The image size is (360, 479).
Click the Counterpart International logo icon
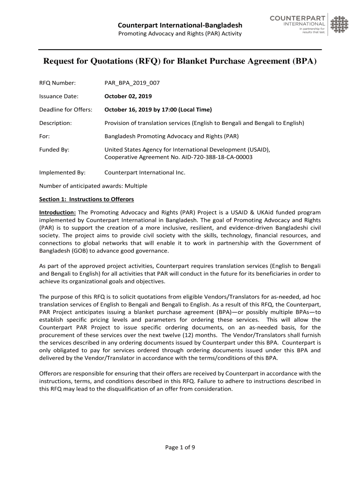point(339,24)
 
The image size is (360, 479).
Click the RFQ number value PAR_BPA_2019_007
point(132,83)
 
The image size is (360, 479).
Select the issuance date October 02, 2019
point(128,96)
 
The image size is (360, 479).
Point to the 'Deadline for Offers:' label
point(65,110)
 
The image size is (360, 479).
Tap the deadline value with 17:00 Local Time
point(158,110)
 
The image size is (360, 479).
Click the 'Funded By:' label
point(54,150)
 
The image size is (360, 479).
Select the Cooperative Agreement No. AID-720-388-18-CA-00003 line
point(178,158)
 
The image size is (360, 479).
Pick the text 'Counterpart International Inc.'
point(144,173)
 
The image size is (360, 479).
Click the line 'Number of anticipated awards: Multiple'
point(93,186)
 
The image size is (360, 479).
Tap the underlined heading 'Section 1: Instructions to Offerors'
point(86,199)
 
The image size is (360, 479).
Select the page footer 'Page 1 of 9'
point(180,448)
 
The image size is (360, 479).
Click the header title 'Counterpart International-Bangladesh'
point(180,25)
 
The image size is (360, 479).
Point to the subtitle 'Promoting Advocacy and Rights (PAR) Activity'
point(180,34)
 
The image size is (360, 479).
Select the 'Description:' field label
point(55,123)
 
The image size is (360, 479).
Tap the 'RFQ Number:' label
point(57,83)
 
